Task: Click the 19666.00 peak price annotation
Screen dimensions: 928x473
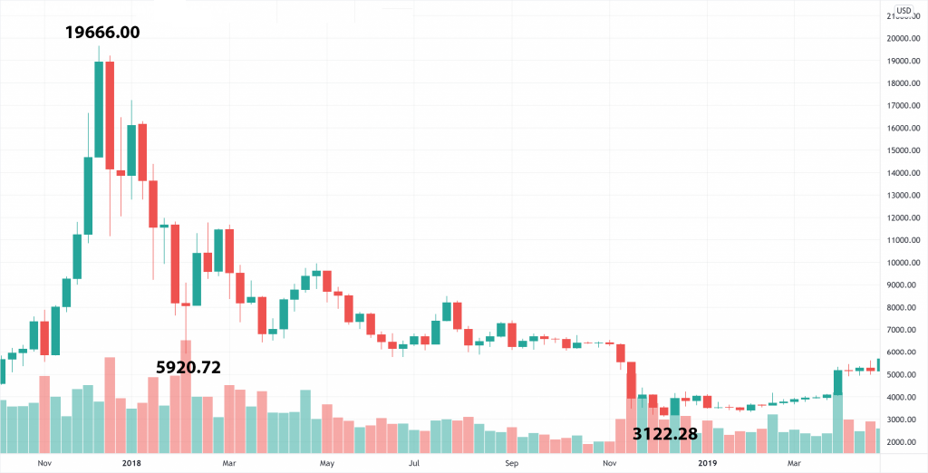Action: pyautogui.click(x=102, y=32)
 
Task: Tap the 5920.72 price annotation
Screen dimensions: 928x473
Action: pyautogui.click(x=188, y=367)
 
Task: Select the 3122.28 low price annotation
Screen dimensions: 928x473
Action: pyautogui.click(x=665, y=434)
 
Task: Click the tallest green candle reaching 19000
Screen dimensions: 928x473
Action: pyautogui.click(x=99, y=109)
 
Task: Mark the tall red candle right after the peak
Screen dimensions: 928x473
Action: pyautogui.click(x=110, y=115)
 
